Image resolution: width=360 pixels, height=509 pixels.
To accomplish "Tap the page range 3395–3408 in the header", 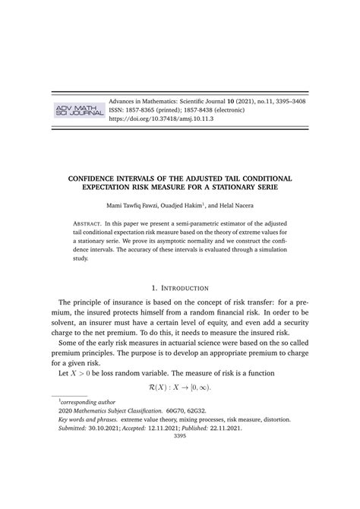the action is click(x=285, y=101).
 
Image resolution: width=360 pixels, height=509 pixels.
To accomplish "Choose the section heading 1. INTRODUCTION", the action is click(x=180, y=288).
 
